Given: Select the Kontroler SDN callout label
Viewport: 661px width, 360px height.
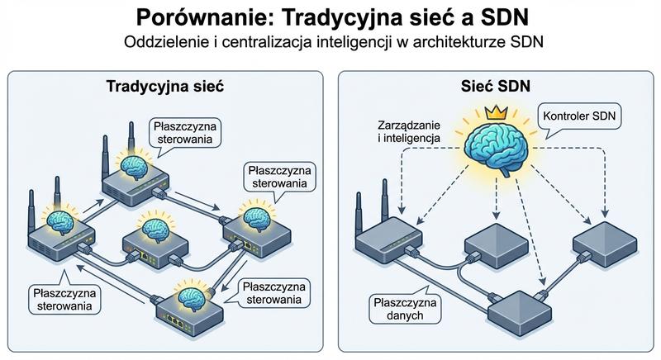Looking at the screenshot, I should [578, 117].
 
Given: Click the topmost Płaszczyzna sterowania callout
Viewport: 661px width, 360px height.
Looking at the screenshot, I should [184, 133].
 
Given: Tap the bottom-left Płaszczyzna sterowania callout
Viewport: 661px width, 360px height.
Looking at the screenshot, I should [64, 298].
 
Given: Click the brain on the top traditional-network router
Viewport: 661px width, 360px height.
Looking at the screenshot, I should [130, 165].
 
